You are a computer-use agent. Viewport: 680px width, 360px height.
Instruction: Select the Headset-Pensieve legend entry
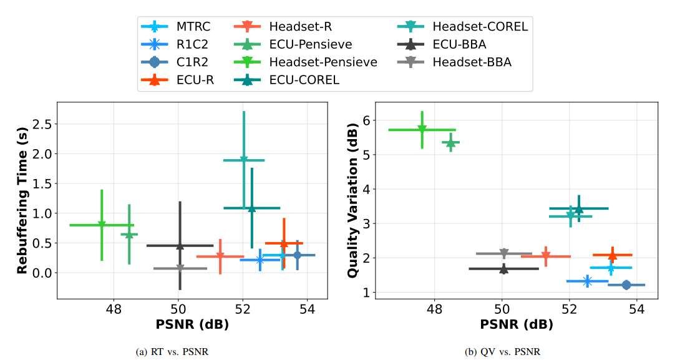(323, 62)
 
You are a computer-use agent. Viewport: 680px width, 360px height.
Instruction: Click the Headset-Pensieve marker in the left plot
(102, 225)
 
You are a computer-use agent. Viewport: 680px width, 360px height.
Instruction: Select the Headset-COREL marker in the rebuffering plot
(244, 160)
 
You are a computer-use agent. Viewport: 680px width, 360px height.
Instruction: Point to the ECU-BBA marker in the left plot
(180, 246)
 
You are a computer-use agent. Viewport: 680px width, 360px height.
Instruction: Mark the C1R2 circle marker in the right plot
(626, 285)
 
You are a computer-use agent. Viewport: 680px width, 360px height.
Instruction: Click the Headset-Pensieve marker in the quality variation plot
(422, 129)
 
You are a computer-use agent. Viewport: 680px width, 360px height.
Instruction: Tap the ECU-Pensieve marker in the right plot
(450, 143)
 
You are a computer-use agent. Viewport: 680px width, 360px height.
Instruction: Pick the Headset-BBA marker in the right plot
(504, 253)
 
